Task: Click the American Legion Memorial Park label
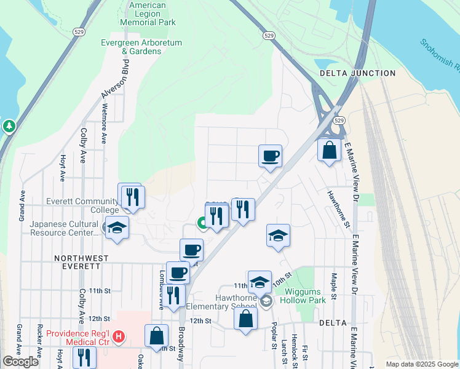[x=148, y=14]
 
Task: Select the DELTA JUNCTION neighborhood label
[x=357, y=73]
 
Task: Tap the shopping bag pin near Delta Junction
[x=329, y=149]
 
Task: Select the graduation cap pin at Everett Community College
[x=117, y=227]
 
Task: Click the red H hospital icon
[x=119, y=337]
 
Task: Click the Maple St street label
[x=334, y=287]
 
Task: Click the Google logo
[x=20, y=362]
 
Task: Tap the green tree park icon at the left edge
[x=9, y=126]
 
